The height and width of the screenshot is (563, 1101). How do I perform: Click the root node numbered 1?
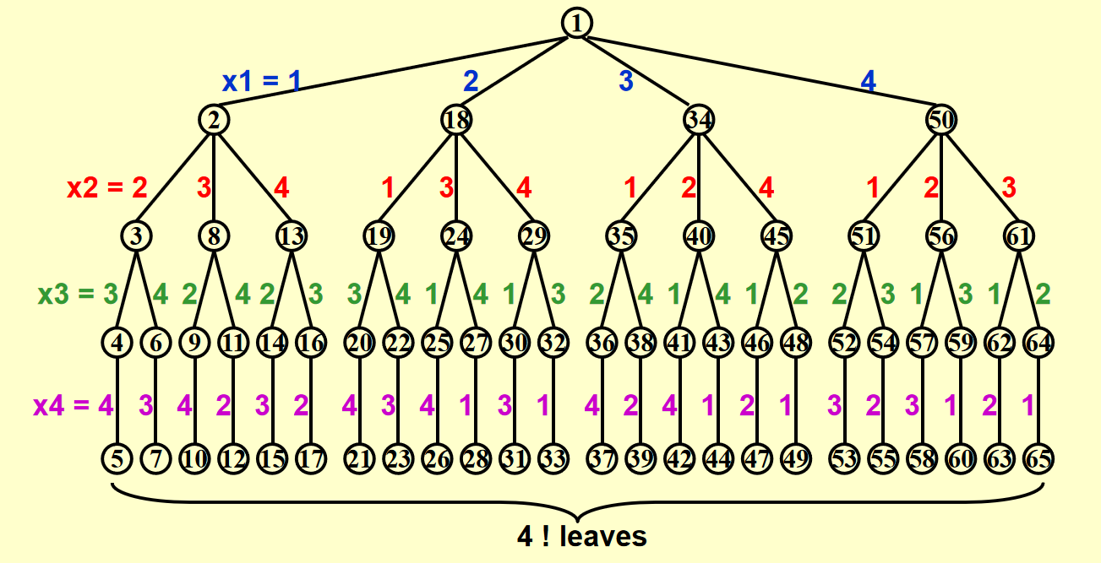coord(576,23)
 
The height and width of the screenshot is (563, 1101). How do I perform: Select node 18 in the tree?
coord(456,120)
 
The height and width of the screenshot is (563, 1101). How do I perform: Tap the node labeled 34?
coord(698,120)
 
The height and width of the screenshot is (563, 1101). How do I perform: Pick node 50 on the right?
coord(940,120)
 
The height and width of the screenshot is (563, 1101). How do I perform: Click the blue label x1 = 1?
coord(261,81)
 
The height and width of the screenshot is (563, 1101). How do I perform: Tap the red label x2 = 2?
coord(107,187)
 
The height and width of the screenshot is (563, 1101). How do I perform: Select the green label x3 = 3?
coord(78,295)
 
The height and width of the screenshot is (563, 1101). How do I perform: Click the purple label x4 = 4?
coord(73,405)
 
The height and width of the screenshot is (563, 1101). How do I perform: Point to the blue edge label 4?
coord(868,81)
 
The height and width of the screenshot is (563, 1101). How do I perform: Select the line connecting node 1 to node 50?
coord(760,73)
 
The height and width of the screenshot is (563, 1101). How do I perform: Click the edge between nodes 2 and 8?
coord(214,177)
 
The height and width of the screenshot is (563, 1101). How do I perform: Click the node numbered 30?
coord(514,344)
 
